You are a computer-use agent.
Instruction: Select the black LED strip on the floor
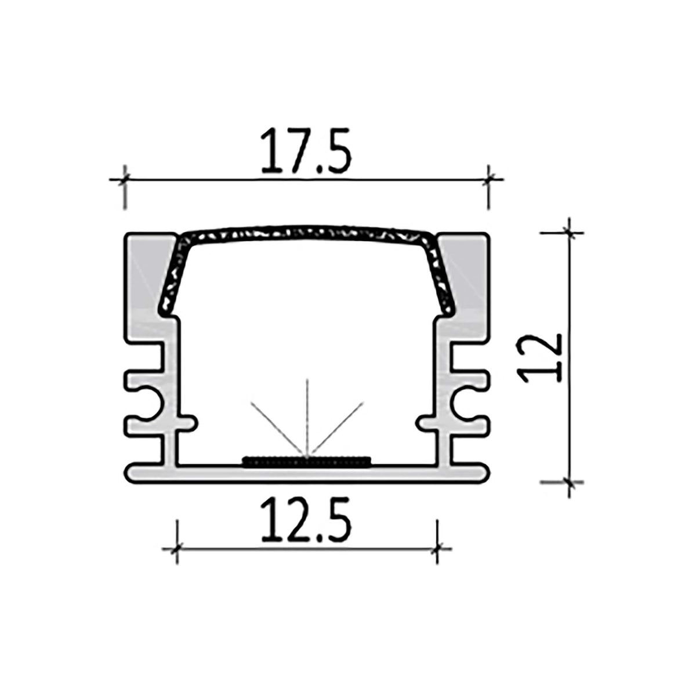point(306,462)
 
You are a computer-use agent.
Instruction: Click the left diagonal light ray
point(275,426)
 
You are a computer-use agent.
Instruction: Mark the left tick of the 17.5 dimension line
point(124,180)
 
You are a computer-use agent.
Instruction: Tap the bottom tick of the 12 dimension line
point(570,481)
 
